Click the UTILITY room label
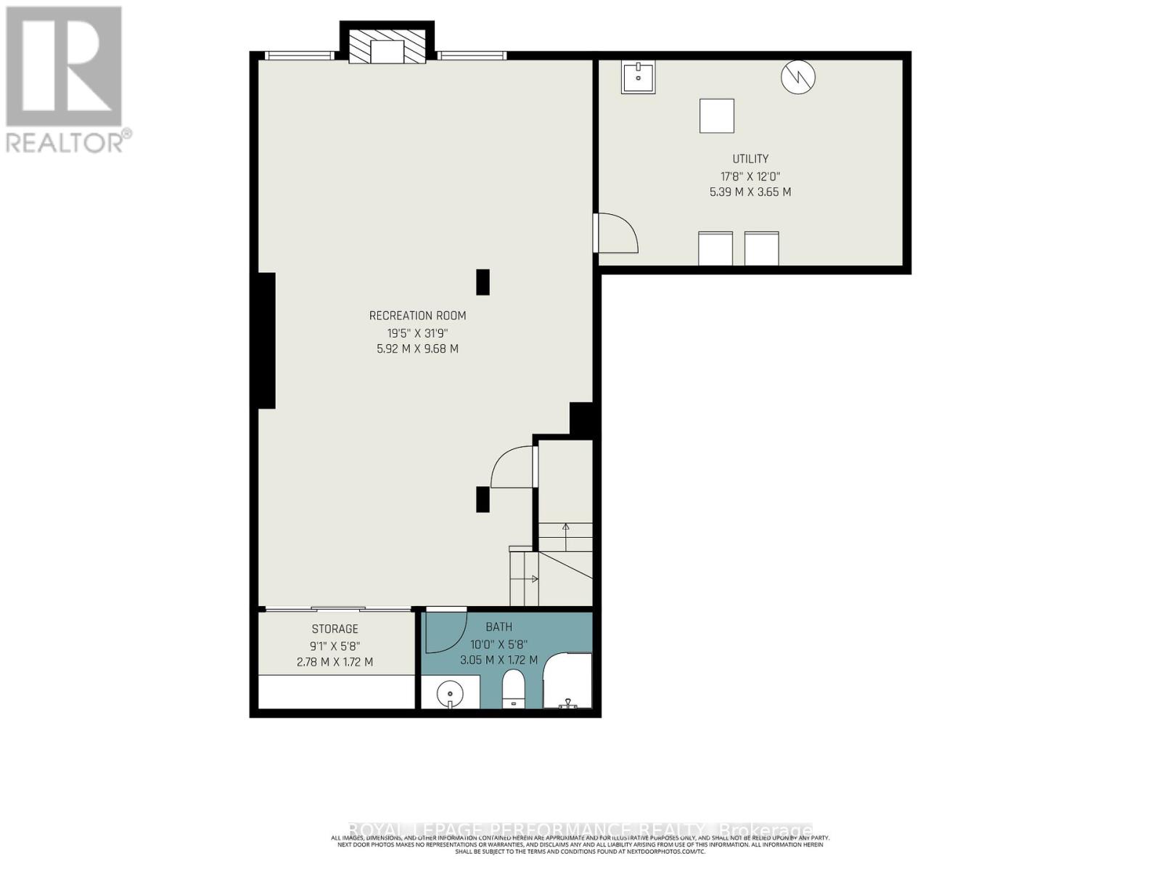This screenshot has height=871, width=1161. (750, 159)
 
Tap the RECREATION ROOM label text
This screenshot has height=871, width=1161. (417, 316)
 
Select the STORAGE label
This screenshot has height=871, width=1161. (335, 629)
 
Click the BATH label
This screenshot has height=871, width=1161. (499, 627)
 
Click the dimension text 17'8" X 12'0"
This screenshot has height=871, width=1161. (750, 176)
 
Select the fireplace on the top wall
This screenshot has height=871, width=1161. (387, 47)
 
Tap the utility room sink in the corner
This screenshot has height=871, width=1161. (638, 77)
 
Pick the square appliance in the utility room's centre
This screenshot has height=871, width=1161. (716, 116)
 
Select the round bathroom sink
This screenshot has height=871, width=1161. (450, 693)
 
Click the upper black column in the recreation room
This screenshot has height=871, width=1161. (483, 282)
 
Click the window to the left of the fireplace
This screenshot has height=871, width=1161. (299, 55)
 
